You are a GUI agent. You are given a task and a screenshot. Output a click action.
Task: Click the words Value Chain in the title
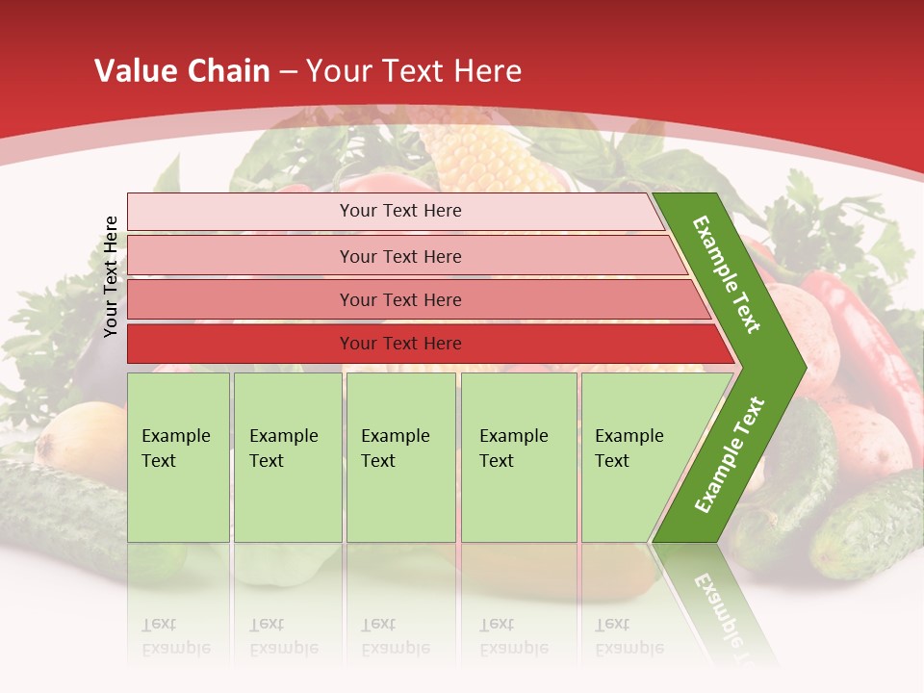(x=182, y=71)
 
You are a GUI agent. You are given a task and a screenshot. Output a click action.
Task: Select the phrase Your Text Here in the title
(x=414, y=71)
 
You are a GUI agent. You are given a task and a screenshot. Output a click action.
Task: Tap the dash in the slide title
(x=287, y=72)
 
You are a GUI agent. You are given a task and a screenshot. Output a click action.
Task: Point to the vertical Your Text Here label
(x=111, y=276)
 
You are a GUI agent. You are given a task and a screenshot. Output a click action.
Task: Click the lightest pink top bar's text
(x=400, y=211)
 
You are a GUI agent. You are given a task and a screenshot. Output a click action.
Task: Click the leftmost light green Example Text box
(x=178, y=456)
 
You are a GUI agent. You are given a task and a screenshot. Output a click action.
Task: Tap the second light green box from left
(x=287, y=456)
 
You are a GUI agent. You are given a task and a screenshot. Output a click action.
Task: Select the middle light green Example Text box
(x=400, y=456)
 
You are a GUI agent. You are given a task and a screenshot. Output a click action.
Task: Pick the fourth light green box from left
(x=519, y=456)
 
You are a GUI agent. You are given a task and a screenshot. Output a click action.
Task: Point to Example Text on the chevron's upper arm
(x=727, y=274)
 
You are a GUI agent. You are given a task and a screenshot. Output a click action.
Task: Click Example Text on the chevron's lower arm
(x=730, y=454)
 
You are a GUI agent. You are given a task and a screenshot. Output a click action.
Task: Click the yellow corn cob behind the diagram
(x=481, y=154)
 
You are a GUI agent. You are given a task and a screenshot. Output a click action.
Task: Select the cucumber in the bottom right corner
(x=871, y=525)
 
